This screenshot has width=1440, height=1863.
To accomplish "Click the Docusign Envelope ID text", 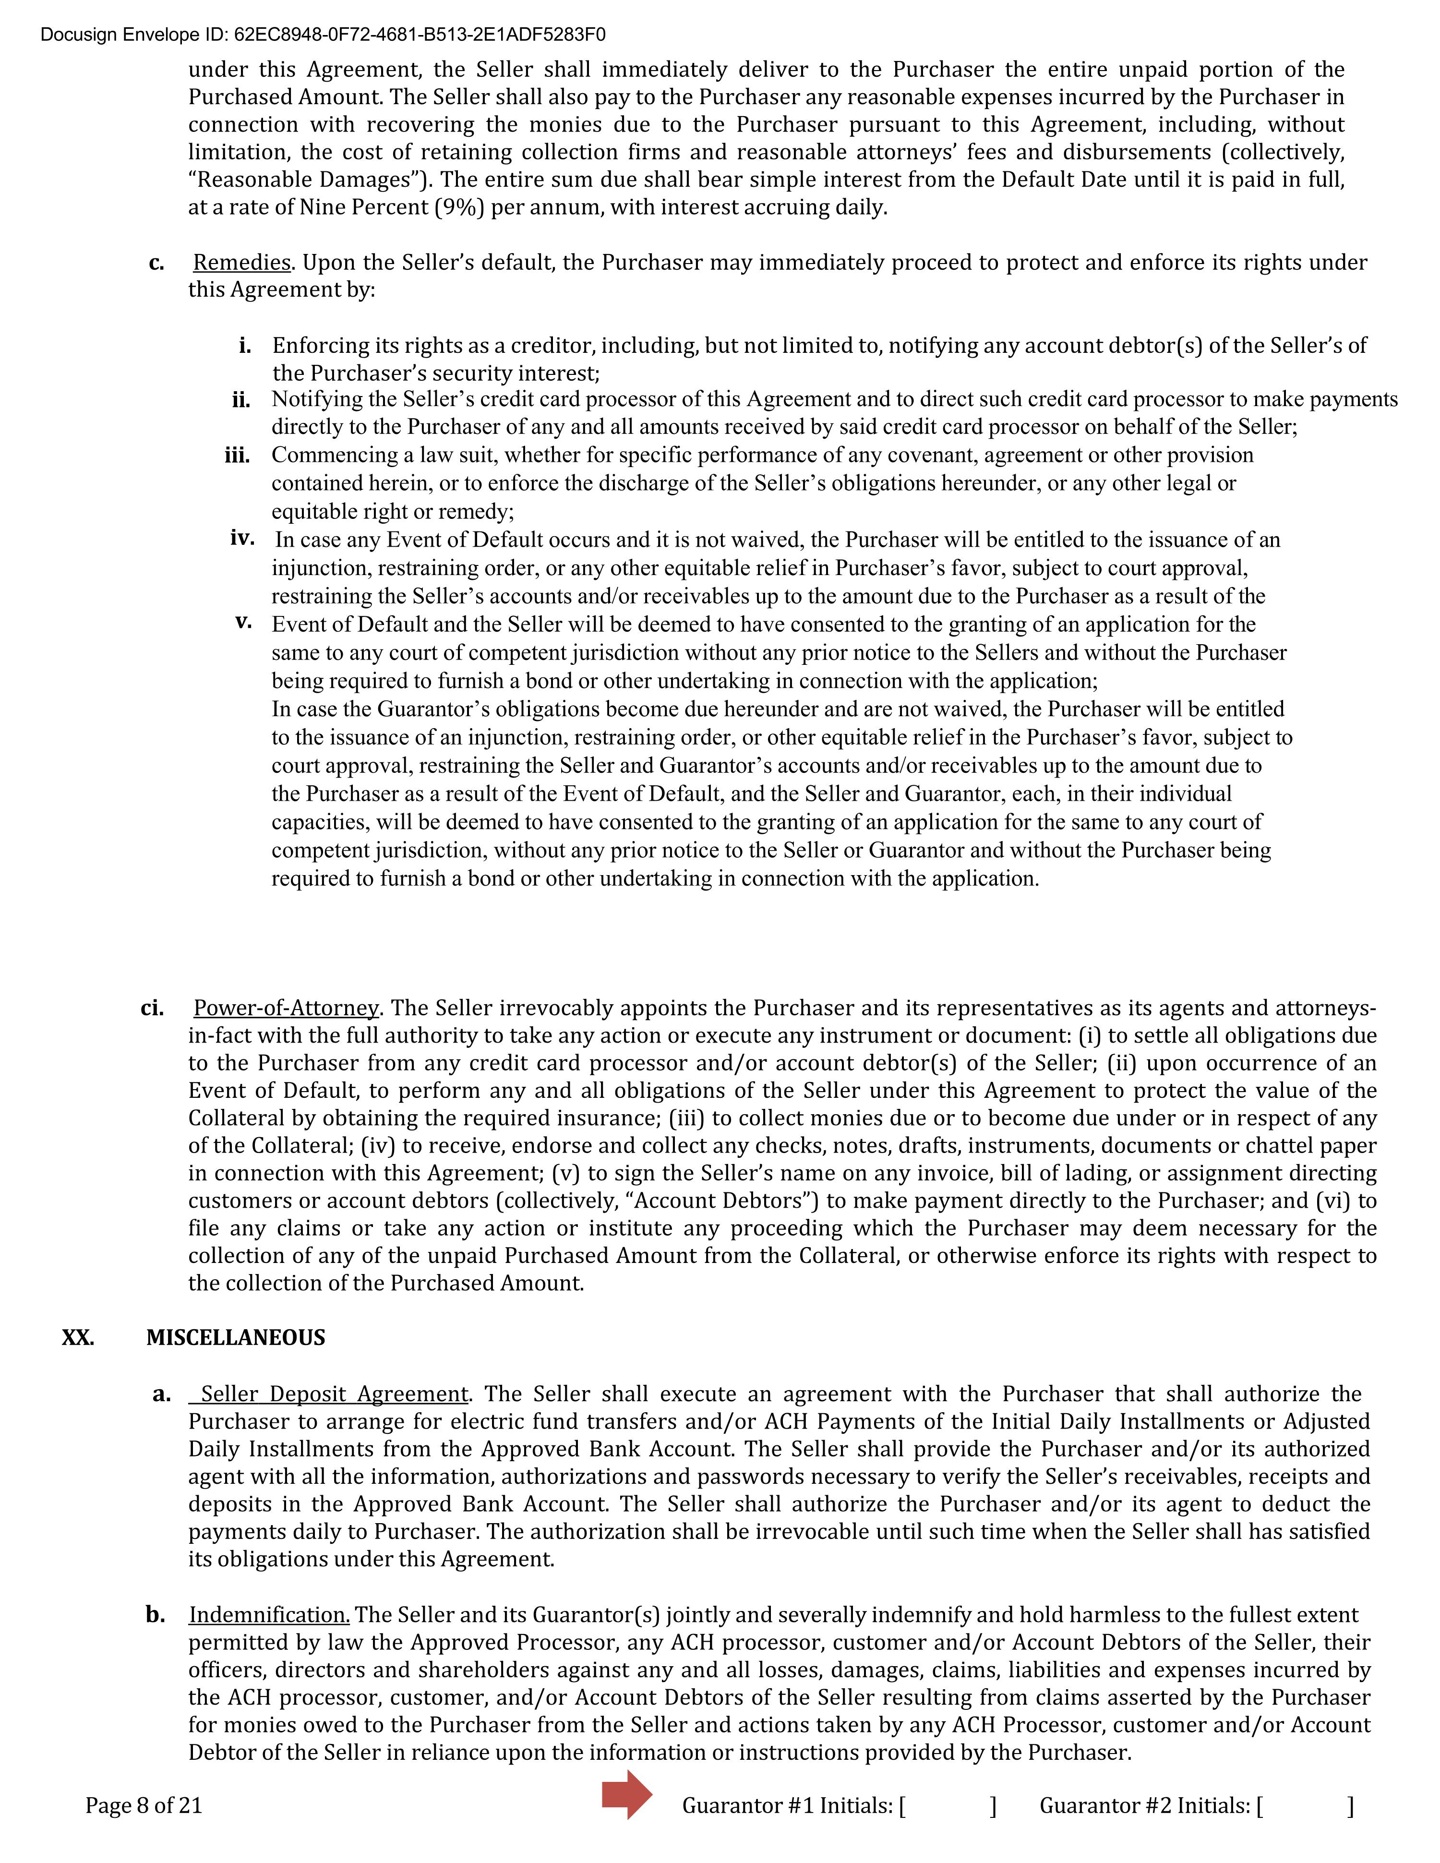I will [324, 35].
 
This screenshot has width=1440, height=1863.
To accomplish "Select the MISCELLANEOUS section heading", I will [236, 1337].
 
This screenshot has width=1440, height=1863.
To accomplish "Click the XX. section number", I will [78, 1337].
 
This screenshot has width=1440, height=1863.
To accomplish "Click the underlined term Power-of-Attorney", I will [286, 1008].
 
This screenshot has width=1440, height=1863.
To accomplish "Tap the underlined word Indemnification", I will [269, 1615].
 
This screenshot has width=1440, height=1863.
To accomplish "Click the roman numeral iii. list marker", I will [237, 456].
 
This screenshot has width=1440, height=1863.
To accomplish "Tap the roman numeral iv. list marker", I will [242, 538].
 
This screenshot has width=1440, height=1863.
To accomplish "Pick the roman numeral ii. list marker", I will [240, 400].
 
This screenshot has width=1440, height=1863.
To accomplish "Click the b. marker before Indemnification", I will [155, 1615].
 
